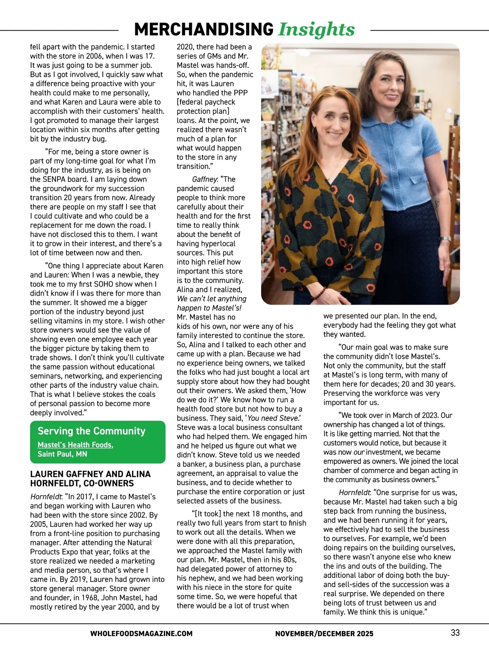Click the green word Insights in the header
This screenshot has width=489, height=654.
point(316,29)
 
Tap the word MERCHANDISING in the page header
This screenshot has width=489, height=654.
point(204,29)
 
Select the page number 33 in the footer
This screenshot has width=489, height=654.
point(455,632)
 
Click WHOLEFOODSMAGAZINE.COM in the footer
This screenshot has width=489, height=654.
point(141,633)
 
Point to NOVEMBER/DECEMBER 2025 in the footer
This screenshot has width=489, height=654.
point(324,633)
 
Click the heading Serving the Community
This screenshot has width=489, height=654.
point(91,431)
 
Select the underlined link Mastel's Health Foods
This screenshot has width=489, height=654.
point(75,445)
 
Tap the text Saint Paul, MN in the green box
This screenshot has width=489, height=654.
point(62,454)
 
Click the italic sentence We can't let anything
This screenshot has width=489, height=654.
point(211,298)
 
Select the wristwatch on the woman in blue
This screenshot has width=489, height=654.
point(446,239)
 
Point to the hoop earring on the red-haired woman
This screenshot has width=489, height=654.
point(314,133)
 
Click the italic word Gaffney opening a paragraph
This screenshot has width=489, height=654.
point(205,179)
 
